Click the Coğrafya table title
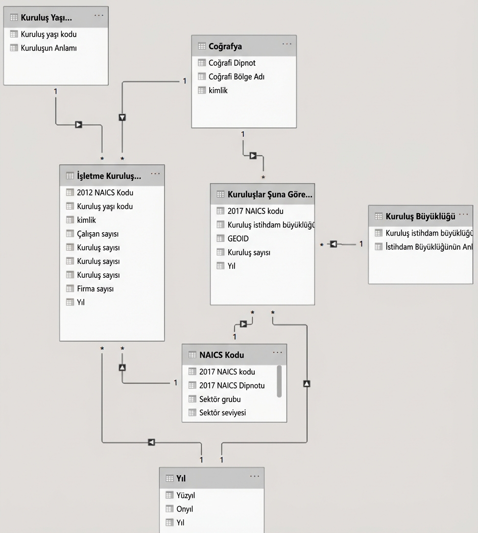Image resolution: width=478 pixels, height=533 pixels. click(225, 46)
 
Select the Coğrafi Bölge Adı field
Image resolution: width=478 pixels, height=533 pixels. click(236, 77)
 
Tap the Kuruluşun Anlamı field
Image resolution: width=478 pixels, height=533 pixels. click(48, 48)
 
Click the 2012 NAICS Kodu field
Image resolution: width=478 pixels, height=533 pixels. click(105, 193)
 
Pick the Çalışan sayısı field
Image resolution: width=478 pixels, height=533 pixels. click(97, 234)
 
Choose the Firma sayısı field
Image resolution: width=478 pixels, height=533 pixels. click(95, 289)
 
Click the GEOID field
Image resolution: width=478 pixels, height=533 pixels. click(238, 239)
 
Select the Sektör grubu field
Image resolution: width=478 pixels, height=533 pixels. click(220, 399)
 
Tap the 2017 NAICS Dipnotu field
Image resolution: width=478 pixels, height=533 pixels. click(232, 386)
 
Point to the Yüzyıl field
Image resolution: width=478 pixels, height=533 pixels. click(186, 495)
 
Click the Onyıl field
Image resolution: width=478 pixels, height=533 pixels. click(185, 509)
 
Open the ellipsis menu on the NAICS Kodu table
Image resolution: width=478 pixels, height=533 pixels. click(277, 353)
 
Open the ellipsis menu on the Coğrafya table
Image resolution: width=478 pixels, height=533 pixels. click(287, 44)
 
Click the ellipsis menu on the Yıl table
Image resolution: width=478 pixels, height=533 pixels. click(255, 476)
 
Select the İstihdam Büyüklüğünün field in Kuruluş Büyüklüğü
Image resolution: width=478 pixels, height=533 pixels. click(429, 247)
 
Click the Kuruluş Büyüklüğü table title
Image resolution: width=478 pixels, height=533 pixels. click(420, 217)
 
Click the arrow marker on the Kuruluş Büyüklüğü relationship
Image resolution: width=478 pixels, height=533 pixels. click(333, 244)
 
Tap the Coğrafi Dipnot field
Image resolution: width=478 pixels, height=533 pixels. click(232, 63)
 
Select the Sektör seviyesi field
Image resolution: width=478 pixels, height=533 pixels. click(222, 412)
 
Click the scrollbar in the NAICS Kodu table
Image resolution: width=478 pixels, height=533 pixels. click(279, 381)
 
